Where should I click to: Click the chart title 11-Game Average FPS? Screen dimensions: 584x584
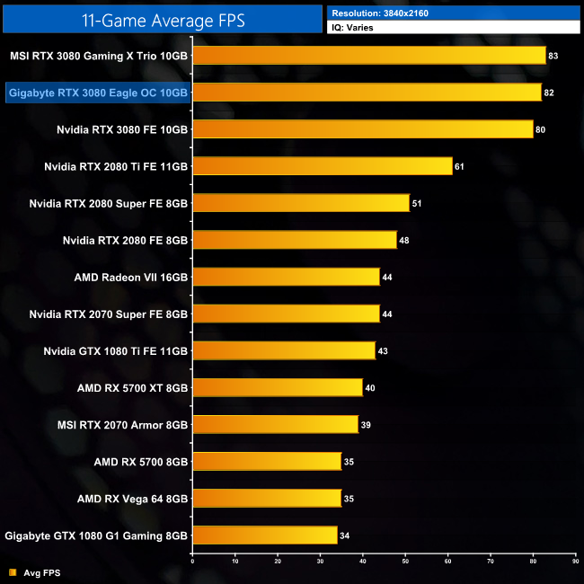tap(162, 17)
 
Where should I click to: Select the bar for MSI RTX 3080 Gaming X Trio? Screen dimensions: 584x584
tap(369, 56)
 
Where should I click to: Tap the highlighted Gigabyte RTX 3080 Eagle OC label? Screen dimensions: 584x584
tap(98, 93)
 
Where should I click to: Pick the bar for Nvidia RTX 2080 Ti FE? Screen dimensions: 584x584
tap(323, 166)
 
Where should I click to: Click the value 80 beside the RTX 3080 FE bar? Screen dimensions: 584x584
tap(541, 129)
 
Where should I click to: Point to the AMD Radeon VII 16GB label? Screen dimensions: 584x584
tap(131, 277)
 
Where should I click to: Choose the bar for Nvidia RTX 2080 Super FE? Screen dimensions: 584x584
tap(301, 203)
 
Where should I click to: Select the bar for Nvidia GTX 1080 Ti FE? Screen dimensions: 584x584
tap(284, 350)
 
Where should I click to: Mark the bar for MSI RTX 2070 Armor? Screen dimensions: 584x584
tap(276, 424)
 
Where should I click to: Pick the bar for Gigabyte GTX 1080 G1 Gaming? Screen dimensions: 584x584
tap(265, 535)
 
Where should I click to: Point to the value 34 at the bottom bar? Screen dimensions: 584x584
tap(345, 535)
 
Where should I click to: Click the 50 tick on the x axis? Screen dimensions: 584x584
tap(405, 562)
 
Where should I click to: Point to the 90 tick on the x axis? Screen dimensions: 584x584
tap(575, 562)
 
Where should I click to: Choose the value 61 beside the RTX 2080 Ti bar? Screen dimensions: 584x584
tap(460, 166)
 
